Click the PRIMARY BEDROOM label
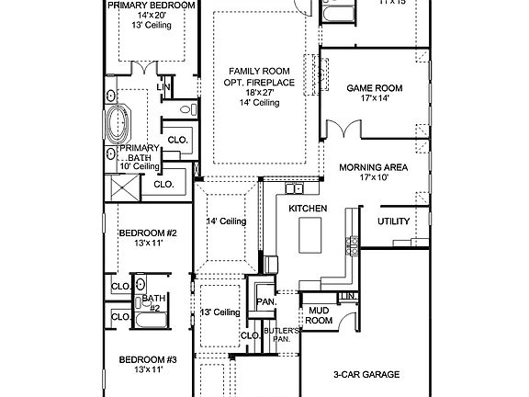click(x=152, y=6)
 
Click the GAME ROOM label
click(x=374, y=88)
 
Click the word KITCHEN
click(x=308, y=210)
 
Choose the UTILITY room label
click(x=394, y=221)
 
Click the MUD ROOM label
click(x=318, y=315)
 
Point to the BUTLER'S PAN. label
click(x=276, y=334)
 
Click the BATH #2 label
click(x=153, y=303)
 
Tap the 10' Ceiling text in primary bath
click(x=140, y=166)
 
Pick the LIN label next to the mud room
click(x=347, y=295)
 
